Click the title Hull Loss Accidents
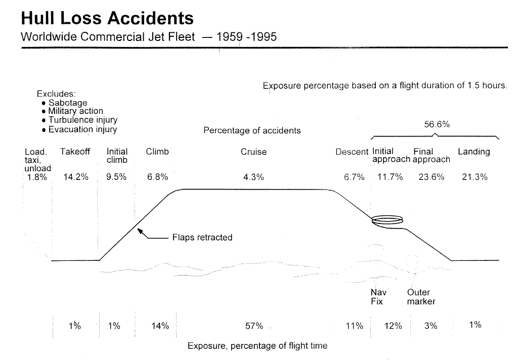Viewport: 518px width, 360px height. click(107, 18)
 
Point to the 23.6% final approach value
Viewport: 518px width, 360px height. click(431, 177)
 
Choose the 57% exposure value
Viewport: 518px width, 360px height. click(254, 326)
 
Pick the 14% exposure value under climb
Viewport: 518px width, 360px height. click(160, 326)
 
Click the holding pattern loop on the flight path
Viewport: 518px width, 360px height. click(387, 220)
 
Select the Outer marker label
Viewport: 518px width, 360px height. click(421, 297)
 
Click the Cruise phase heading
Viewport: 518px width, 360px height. click(253, 152)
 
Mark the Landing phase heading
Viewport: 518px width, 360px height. click(473, 152)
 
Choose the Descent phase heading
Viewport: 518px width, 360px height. click(352, 152)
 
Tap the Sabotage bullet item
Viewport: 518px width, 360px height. click(68, 103)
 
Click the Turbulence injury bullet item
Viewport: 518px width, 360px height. click(82, 120)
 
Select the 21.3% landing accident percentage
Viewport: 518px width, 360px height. click(474, 177)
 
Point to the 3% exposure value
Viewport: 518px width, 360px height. click(430, 326)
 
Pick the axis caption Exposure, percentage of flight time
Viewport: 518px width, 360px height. click(257, 346)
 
